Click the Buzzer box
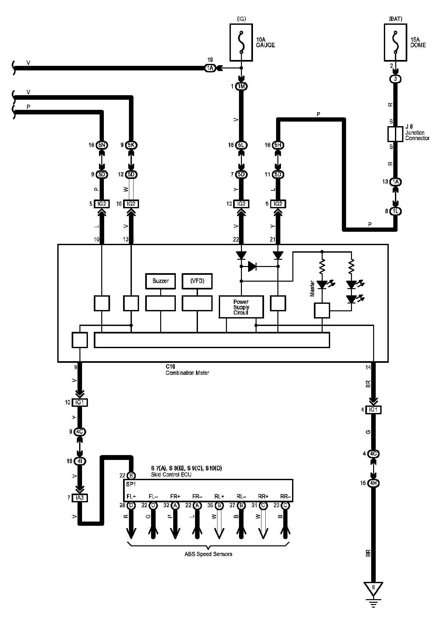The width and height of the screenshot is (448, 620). (161, 281)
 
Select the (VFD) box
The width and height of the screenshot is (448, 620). (197, 281)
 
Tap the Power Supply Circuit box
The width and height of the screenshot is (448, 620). (241, 307)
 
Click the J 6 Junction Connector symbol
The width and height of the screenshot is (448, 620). (395, 134)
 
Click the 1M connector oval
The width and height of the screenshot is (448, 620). (241, 86)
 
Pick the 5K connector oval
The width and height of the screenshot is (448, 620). (131, 145)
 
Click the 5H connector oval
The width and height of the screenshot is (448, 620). (278, 145)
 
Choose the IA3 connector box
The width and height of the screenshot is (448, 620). (80, 498)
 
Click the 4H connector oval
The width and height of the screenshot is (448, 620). (373, 483)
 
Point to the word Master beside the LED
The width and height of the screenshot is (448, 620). (313, 288)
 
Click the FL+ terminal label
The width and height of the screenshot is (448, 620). (131, 497)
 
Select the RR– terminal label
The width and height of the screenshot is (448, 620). (285, 497)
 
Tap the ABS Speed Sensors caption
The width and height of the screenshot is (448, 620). (208, 554)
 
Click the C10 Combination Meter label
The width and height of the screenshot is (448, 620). (187, 370)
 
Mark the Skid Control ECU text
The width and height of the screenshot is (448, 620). (171, 475)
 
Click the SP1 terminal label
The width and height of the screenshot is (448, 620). (131, 484)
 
